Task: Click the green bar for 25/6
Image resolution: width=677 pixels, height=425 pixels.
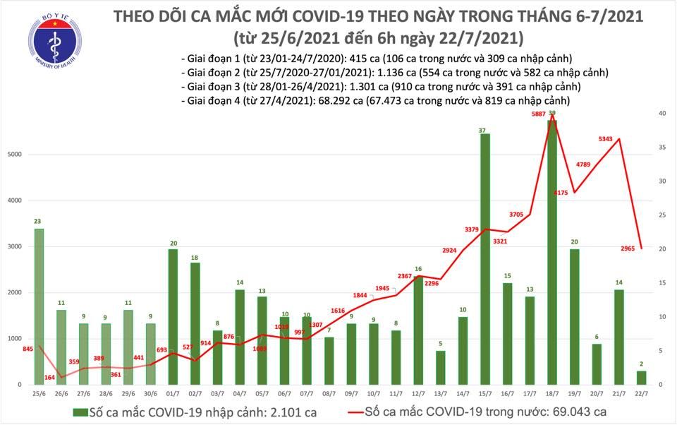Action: tap(38, 306)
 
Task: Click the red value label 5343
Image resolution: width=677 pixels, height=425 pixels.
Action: tap(605, 139)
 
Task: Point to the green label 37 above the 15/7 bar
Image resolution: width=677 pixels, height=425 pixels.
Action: tap(482, 131)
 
